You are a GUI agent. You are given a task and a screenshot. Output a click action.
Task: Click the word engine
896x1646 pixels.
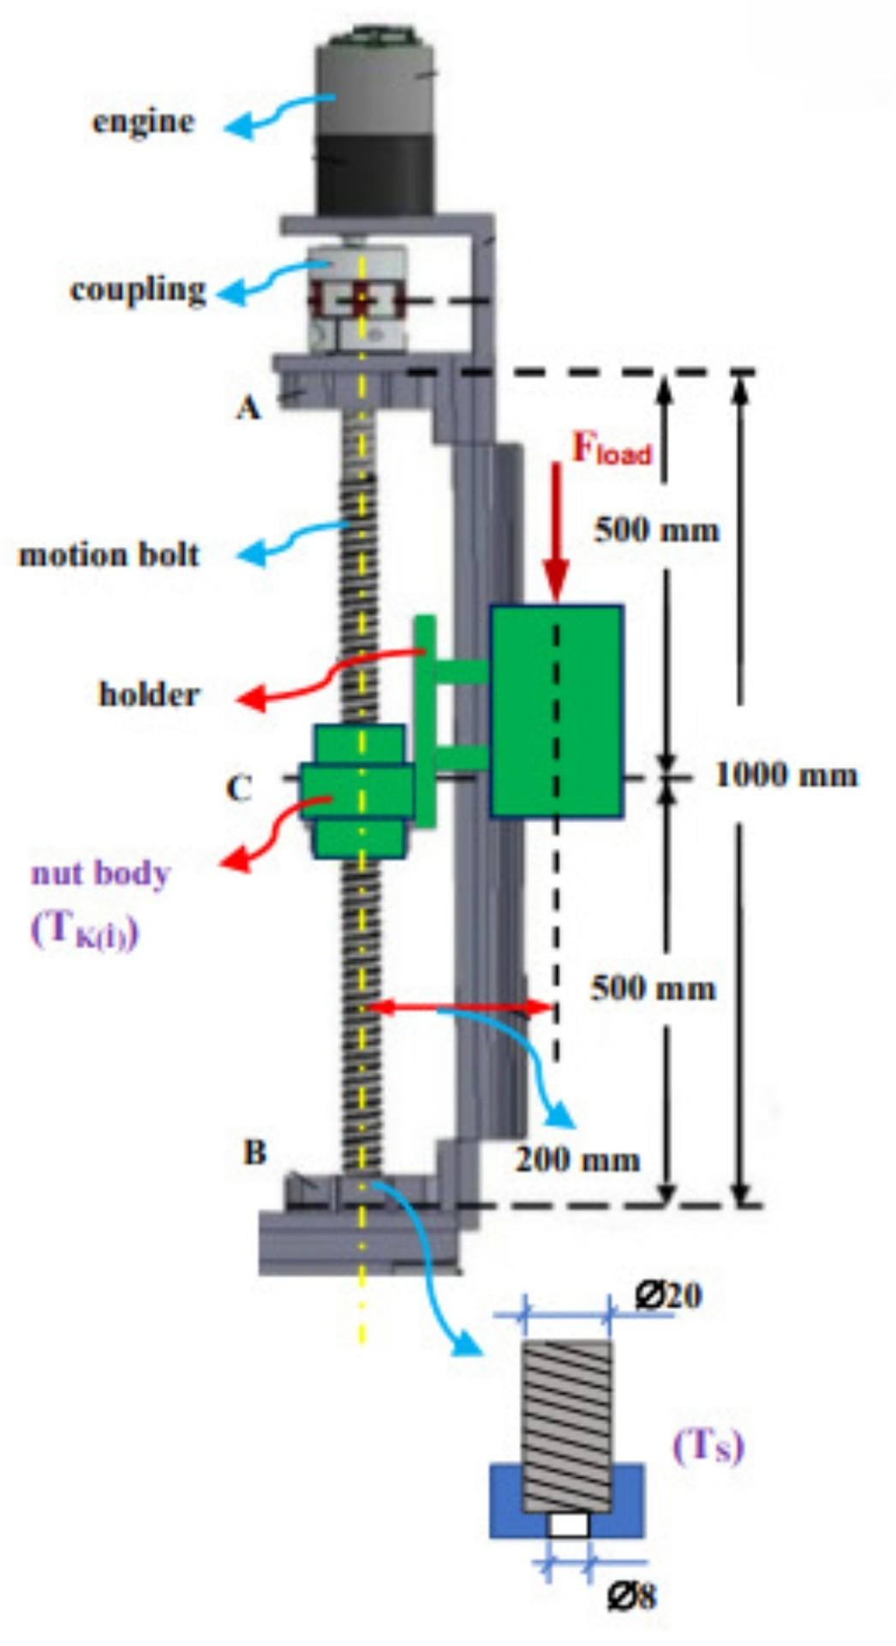143,121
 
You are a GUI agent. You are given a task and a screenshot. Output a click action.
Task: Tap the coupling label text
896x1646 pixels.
138,289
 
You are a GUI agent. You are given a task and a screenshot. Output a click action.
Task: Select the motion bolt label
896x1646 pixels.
109,555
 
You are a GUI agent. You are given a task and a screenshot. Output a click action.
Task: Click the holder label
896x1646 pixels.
149,694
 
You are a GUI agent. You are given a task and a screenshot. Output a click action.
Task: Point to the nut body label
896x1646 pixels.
101,874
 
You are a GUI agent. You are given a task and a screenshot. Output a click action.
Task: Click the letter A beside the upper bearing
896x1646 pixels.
248,408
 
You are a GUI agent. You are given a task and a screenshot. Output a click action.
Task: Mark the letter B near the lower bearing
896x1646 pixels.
254,1152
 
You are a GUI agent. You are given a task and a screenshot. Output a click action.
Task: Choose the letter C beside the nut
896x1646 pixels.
238,788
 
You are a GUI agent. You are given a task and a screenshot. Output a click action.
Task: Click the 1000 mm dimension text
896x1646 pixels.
786,775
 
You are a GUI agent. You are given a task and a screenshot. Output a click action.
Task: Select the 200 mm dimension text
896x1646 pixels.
577,1160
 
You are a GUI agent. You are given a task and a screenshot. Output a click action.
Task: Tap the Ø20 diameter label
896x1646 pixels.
668,1295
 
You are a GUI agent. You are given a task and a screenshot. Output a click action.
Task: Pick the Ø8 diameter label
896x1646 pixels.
631,1596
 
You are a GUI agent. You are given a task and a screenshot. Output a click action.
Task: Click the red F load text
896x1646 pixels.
611,449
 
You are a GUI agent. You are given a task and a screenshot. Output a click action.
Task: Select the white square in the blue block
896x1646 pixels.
569,1525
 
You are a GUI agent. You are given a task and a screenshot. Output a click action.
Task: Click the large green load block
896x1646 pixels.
557,711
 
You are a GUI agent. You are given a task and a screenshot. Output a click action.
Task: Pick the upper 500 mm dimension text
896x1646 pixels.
656,530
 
